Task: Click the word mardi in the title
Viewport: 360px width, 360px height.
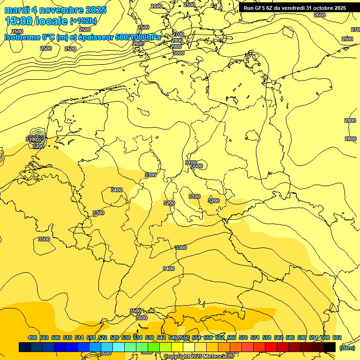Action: point(16,10)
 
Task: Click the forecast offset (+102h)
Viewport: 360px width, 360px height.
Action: point(83,21)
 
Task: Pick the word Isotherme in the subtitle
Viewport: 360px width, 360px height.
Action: point(22,37)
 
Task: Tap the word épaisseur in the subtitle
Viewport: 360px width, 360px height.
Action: point(96,37)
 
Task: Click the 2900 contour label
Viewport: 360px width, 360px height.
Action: point(176,46)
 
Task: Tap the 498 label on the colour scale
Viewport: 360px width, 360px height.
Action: point(32,337)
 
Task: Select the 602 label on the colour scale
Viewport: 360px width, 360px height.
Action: point(337,337)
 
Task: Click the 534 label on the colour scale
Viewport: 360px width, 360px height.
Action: point(138,337)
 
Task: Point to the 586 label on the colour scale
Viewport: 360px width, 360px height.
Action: point(290,337)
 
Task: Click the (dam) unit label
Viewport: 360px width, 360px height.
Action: point(347,347)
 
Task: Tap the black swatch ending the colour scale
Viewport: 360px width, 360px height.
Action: point(330,347)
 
